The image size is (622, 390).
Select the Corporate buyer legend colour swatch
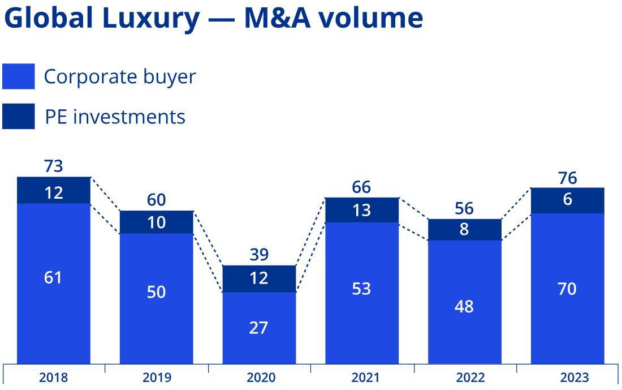tap(18, 76)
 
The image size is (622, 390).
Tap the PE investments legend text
tap(115, 117)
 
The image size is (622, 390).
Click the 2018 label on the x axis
tap(53, 378)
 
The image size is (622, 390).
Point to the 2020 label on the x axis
tap(261, 378)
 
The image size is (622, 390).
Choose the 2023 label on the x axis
tap(575, 378)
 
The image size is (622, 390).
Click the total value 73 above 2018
tap(53, 166)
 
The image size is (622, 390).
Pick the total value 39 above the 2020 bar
tap(259, 255)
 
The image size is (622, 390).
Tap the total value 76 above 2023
tap(567, 178)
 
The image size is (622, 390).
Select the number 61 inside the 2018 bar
tap(53, 278)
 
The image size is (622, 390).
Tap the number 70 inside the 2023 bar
tap(567, 289)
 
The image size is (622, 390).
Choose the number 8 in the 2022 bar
tap(464, 230)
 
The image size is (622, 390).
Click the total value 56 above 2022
tap(464, 209)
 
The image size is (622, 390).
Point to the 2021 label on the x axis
tap(365, 378)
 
